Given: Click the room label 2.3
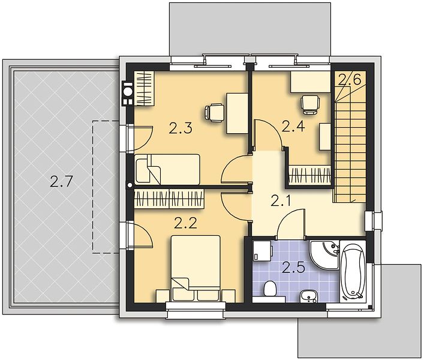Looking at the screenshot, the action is tap(181, 128).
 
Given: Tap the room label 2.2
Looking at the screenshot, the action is tap(185, 223).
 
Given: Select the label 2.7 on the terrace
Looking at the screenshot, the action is tap(61, 181).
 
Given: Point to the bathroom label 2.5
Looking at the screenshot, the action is tap(293, 268).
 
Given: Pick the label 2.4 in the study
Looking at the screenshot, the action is tap(293, 126).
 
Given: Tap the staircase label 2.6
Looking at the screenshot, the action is tap(350, 80).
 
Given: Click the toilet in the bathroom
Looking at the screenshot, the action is tap(269, 289).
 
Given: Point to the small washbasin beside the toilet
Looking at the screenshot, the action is tap(308, 296).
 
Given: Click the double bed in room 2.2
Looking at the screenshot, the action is tap(196, 268).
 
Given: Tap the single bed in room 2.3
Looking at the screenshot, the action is tap(168, 170).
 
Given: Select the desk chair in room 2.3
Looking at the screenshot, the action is tap(215, 113).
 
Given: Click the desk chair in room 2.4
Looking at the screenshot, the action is tap(310, 104).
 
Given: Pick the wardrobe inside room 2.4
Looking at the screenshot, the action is tap(310, 174).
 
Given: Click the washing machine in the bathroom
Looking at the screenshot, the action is tap(262, 251).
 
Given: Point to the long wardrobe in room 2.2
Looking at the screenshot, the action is tap(169, 199).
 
